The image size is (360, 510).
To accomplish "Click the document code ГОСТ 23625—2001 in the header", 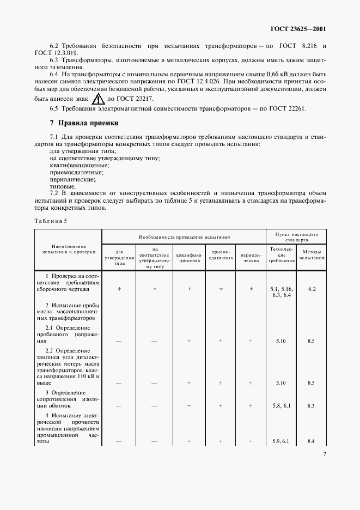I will point(301,29).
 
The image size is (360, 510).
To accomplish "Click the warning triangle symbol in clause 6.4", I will point(99,100).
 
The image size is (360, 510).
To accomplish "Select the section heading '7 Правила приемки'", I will point(84,124).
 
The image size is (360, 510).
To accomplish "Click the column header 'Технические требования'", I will point(281,254).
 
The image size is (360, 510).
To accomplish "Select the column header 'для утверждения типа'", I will point(119,257).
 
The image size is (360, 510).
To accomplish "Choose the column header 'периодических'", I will point(251,257).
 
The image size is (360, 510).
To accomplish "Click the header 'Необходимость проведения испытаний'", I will point(184,237).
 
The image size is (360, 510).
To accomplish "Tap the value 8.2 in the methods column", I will point(312,289).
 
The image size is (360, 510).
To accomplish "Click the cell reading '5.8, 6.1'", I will point(281,405).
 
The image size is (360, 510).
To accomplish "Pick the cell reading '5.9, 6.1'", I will point(281,441).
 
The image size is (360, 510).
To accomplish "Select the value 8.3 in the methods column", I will point(312,405).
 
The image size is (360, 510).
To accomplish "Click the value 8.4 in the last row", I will point(312,441).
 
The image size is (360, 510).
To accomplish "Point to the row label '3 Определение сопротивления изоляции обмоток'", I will point(68,399).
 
